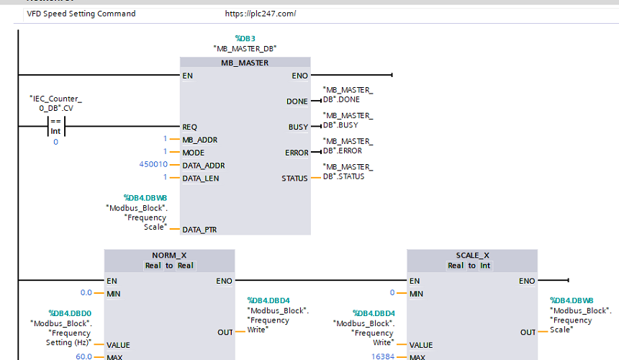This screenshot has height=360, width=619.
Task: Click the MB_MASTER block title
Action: pos(245,63)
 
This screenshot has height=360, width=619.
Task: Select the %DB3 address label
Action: pos(245,38)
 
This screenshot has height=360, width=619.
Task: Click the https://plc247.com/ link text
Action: pos(261,14)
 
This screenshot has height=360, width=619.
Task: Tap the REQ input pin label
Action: pos(189,127)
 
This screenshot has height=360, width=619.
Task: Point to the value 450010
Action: pos(153,164)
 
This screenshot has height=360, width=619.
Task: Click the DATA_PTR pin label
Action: pos(199,230)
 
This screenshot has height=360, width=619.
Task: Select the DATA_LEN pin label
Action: pos(201,179)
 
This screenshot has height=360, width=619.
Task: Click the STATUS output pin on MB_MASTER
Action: pos(294,179)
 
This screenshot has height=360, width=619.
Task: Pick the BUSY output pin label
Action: pos(298,127)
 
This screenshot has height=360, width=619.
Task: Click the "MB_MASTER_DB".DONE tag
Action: pos(348,95)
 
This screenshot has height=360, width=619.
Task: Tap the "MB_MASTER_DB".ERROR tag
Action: pos(348,146)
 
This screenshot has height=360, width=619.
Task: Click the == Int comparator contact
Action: pos(55,126)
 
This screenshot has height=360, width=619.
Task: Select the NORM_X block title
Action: pos(169,256)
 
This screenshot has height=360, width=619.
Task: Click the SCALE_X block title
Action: pos(473,256)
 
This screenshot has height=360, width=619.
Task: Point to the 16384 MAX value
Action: pos(382,356)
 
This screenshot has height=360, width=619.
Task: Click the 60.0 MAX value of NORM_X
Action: pos(83,356)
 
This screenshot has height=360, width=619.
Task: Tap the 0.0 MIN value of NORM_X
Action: pos(86,292)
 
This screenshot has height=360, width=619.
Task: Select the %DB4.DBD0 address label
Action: pos(70,313)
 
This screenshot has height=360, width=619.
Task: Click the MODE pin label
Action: pos(194,153)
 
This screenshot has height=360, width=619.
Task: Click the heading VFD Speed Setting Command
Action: pos(81,14)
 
